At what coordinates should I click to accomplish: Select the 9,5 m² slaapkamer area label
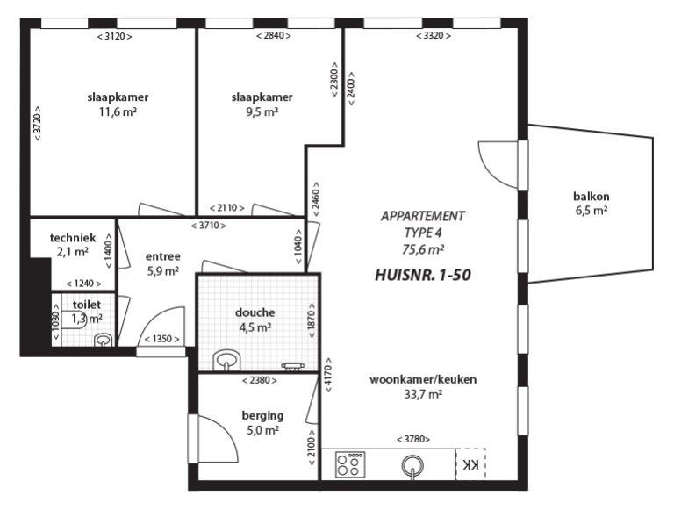(262, 112)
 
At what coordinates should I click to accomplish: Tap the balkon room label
(591, 197)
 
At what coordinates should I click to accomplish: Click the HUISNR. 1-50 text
(423, 275)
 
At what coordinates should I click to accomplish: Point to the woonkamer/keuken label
(423, 379)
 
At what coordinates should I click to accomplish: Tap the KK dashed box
(470, 464)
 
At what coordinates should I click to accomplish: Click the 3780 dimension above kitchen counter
(413, 439)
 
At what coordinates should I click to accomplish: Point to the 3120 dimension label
(115, 36)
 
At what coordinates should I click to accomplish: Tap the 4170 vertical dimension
(328, 373)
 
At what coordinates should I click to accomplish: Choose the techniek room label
(72, 238)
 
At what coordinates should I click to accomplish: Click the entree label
(162, 256)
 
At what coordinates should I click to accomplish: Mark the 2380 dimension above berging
(259, 380)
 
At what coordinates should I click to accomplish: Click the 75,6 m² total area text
(423, 248)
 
